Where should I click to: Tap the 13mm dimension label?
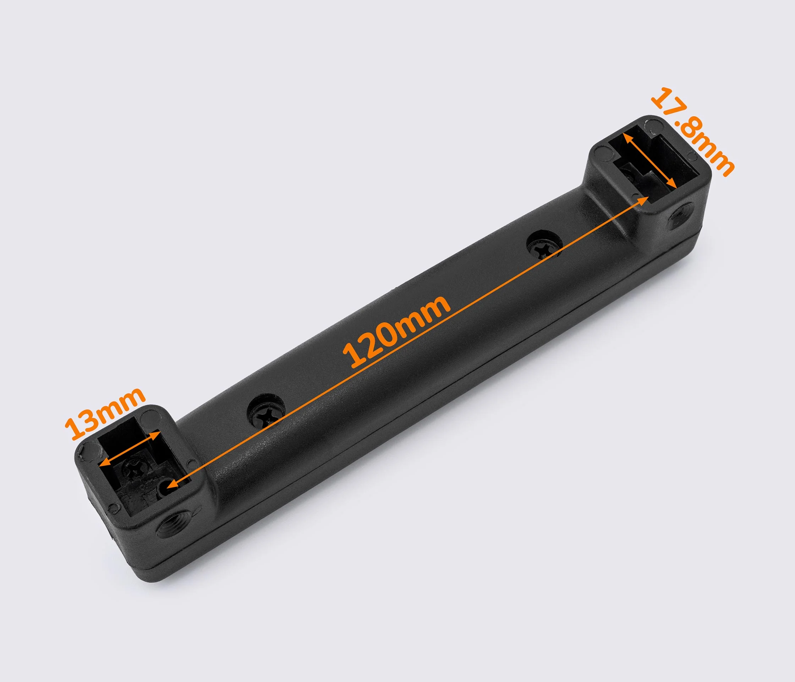tap(104, 413)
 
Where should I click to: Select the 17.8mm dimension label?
tap(693, 132)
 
